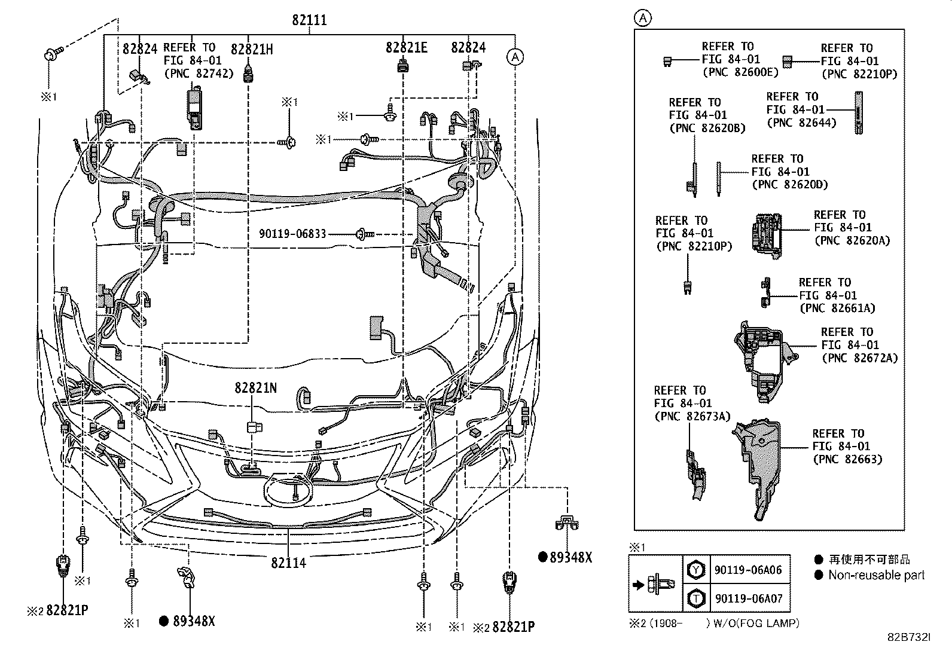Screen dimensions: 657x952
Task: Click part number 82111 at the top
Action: pos(309,20)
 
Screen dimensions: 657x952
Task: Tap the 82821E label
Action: pos(406,48)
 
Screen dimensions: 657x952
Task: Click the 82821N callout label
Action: pos(255,389)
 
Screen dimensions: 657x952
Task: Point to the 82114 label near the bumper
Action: pos(288,563)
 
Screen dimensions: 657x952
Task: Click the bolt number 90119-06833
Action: pos(292,234)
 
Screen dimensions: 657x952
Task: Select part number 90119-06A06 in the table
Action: pos(747,570)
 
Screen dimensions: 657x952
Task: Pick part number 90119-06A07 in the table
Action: pos(747,598)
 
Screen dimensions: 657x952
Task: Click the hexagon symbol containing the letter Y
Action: pos(695,570)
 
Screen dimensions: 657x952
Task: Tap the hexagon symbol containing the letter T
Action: pos(695,598)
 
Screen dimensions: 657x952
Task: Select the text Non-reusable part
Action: pos(876,576)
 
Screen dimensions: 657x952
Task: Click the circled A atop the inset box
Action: pos(642,19)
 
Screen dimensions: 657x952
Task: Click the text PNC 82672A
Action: pos(859,358)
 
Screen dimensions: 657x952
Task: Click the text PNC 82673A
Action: pos(692,417)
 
